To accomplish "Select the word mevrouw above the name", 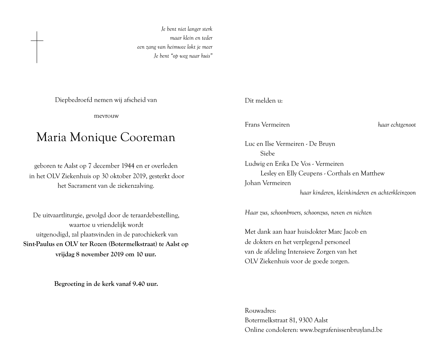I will click(x=106, y=116).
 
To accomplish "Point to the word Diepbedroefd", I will click(x=74, y=100).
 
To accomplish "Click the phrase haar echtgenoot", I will click(x=397, y=125).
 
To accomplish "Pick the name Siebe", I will click(x=267, y=154).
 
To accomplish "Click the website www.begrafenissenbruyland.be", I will click(x=341, y=330).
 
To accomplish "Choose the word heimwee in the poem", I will click(x=177, y=47).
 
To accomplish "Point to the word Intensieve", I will click(x=302, y=252).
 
